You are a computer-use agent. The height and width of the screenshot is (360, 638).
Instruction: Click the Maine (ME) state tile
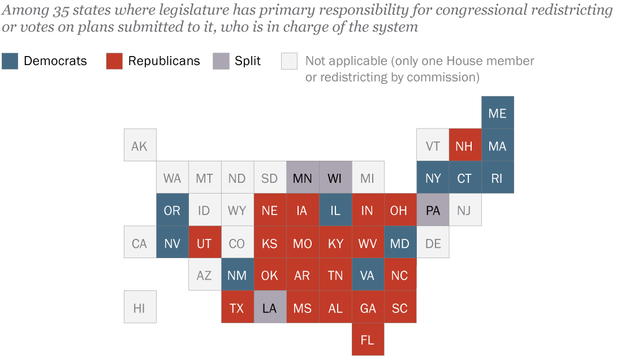[x=498, y=113]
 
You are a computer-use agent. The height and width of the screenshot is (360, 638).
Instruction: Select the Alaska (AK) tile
[x=140, y=145]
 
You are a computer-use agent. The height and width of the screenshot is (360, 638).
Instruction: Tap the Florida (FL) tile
[x=368, y=340]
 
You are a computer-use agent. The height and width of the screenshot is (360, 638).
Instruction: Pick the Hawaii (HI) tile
[x=140, y=307]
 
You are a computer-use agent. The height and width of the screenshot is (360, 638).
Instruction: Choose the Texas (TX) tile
[x=237, y=307]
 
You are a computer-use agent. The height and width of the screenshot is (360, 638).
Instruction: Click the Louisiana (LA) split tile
[x=270, y=307]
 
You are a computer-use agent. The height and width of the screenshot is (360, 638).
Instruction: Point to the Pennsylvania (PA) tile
[x=433, y=210]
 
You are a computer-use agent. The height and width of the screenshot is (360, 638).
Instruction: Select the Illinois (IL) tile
[x=335, y=210]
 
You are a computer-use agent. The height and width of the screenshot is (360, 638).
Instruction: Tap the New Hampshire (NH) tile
[x=465, y=145]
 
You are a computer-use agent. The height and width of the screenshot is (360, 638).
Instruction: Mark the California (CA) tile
[x=140, y=243]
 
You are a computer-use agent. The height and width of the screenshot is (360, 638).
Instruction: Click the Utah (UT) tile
[x=205, y=243]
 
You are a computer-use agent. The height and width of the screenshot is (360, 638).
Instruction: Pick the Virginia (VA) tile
[x=368, y=275]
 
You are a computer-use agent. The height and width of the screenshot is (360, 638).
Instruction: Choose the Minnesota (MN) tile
[x=303, y=178]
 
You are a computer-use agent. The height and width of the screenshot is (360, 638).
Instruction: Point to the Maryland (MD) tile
[x=400, y=243]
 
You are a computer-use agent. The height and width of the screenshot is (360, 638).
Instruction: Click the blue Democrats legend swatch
[x=10, y=61]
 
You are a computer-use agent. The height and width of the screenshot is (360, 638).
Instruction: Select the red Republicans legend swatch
[x=114, y=61]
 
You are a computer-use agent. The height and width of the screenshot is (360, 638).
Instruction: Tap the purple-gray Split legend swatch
[x=221, y=61]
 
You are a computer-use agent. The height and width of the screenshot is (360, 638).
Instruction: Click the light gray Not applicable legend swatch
[x=289, y=61]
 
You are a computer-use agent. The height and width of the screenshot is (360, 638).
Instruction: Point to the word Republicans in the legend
[x=164, y=61]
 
